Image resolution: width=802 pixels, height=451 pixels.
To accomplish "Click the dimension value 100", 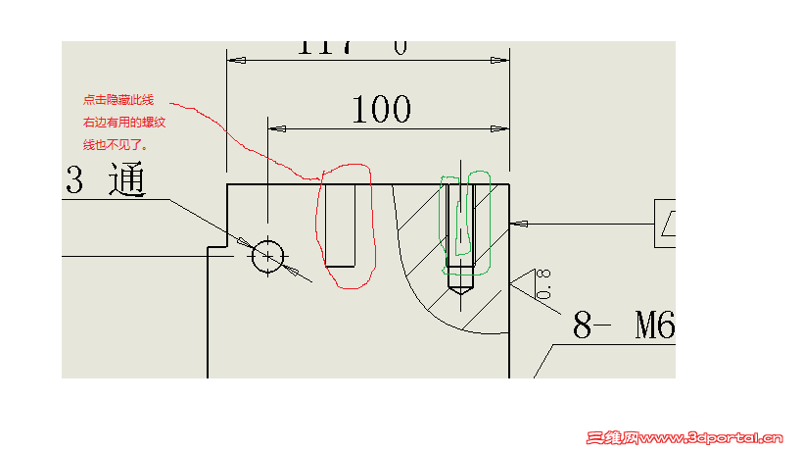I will (x=381, y=109).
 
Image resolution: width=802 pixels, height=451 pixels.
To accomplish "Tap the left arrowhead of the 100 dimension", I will (x=277, y=129).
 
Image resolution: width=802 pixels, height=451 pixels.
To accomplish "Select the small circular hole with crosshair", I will (x=267, y=257).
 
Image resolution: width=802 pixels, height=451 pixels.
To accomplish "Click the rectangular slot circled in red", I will (x=339, y=225).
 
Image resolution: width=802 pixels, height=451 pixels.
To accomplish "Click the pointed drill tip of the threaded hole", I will (x=460, y=287).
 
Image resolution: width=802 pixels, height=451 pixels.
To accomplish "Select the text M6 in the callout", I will (x=654, y=324).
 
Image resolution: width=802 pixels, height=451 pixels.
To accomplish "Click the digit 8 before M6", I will (x=583, y=325).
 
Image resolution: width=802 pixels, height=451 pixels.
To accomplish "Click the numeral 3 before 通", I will (x=74, y=180).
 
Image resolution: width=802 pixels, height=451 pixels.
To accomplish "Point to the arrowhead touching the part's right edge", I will (x=519, y=224).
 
